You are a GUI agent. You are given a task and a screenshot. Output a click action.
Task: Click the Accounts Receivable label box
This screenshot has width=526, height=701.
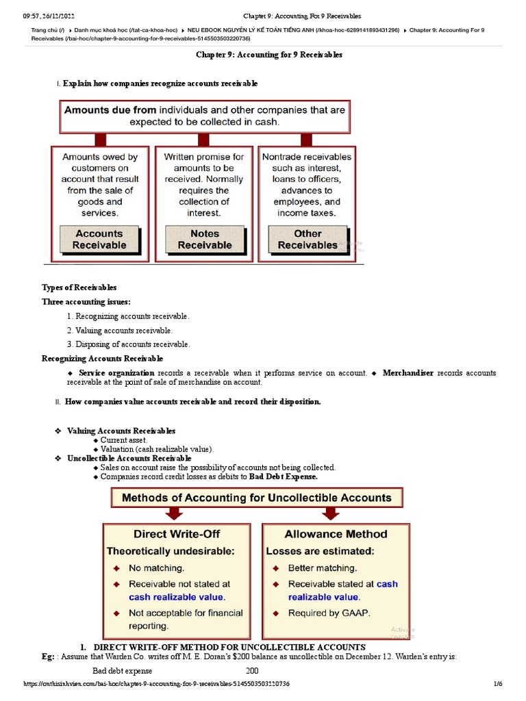[x=99, y=239]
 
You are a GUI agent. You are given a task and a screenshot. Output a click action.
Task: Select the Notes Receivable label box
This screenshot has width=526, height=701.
[x=204, y=239]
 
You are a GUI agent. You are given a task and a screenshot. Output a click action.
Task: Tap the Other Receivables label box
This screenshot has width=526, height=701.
[x=308, y=239]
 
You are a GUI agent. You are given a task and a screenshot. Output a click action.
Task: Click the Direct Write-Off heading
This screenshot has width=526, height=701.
[x=167, y=534]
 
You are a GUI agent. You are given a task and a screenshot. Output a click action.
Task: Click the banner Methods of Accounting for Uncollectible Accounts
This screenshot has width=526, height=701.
[x=256, y=498]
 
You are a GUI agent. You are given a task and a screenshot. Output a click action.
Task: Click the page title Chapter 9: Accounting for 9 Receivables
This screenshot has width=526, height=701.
[x=269, y=55]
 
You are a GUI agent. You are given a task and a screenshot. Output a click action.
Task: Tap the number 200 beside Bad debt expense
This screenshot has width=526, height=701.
[x=252, y=670]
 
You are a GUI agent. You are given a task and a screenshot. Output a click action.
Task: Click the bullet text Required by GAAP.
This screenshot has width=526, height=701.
[x=329, y=613]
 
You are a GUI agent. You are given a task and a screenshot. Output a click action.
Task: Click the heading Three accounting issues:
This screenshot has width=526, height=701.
[x=86, y=301]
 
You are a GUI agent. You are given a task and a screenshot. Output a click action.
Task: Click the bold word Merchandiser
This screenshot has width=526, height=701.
[x=408, y=373]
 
